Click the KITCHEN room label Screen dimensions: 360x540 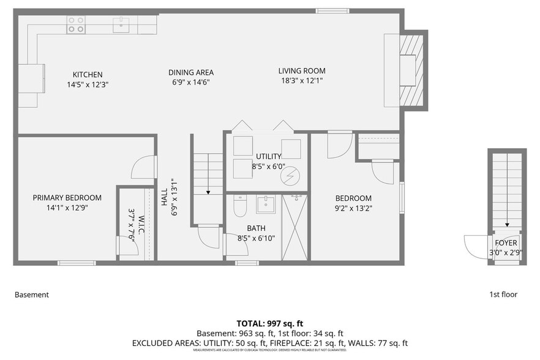88,75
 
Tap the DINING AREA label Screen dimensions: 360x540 191,72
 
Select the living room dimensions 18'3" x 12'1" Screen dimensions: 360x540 302,80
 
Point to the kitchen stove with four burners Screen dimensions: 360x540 76,24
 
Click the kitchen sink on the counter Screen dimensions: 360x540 121,24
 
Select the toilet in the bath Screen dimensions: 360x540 239,208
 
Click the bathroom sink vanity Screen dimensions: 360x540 266,203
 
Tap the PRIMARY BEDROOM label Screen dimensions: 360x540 67,198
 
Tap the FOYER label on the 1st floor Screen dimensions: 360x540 506,243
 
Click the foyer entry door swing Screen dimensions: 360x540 475,247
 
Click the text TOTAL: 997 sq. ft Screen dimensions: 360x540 270,323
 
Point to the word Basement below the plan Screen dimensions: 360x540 31,294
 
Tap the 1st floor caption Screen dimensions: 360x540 503,294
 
